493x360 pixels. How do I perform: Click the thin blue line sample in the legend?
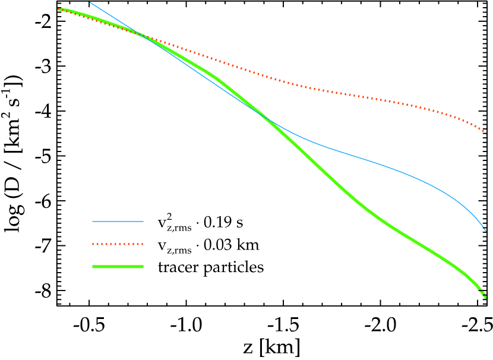coord(118,222)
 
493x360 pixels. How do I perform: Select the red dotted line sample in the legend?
coord(118,244)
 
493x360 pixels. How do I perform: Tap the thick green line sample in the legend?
coord(118,267)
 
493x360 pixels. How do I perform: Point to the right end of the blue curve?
coord(486,230)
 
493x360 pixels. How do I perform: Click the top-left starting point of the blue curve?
coord(90,2)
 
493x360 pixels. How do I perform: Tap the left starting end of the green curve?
coord(59,9)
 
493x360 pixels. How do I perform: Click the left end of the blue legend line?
coord(93,222)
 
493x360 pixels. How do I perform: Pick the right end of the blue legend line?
coord(143,222)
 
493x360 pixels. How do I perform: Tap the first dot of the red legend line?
coord(94,244)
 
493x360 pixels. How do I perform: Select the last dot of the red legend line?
coord(142,244)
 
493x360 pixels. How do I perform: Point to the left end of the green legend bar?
coord(93,267)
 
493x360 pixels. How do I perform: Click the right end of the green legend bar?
coord(143,267)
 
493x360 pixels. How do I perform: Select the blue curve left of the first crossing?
coord(113,17)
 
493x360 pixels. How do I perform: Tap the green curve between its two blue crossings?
coord(208,74)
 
